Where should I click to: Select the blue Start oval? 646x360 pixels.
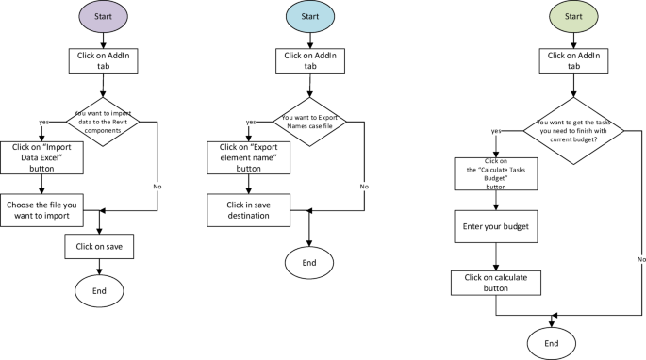(309, 18)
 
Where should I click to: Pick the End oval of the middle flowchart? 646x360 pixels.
(309, 263)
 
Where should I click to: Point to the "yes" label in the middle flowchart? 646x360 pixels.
(251, 122)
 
